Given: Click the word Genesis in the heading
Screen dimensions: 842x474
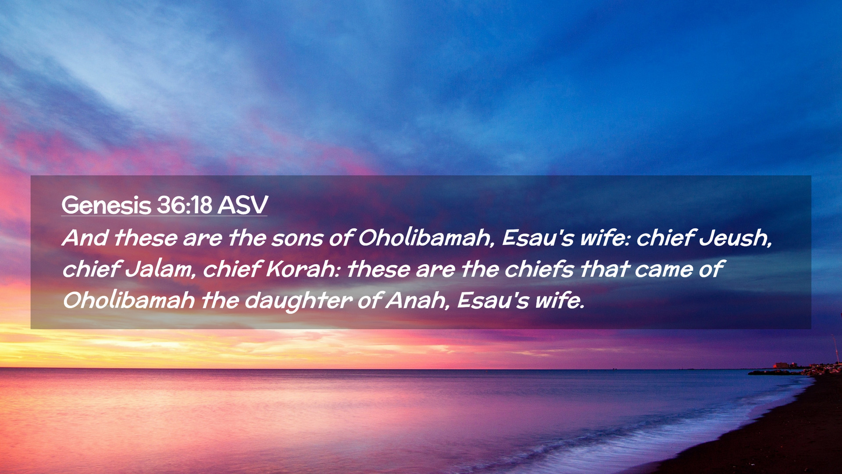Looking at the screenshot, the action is [106, 205].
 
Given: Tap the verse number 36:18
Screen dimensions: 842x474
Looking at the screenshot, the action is [185, 205].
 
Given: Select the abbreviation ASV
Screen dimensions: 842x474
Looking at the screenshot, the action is [243, 205].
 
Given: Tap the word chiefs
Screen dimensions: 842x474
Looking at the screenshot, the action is [539, 269].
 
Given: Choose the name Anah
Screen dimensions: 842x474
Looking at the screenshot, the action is [417, 301].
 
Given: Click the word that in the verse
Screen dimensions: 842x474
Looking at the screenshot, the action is [604, 269].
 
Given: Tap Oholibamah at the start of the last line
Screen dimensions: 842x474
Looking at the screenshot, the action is [129, 301].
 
